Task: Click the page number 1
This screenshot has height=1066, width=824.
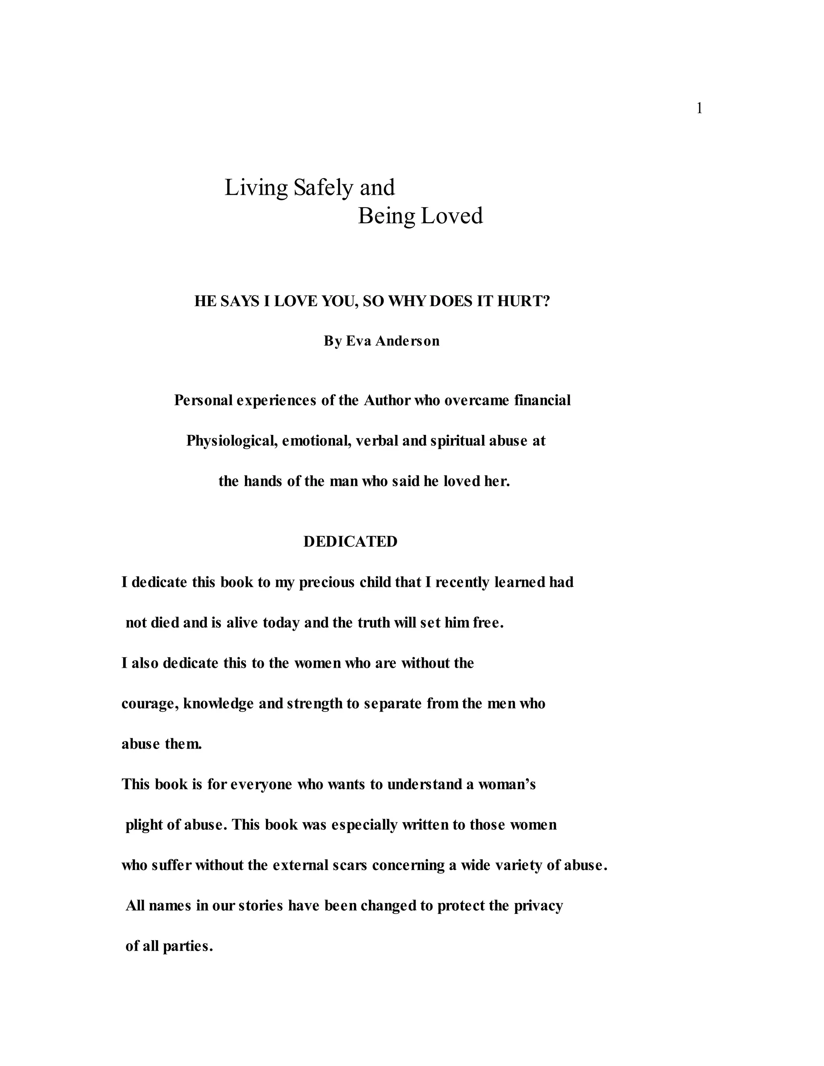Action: point(699,108)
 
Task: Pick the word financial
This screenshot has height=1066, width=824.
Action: point(542,400)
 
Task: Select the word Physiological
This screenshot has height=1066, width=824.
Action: point(232,441)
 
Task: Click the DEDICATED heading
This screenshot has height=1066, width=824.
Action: point(350,541)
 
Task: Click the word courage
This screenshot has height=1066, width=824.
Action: point(150,704)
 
